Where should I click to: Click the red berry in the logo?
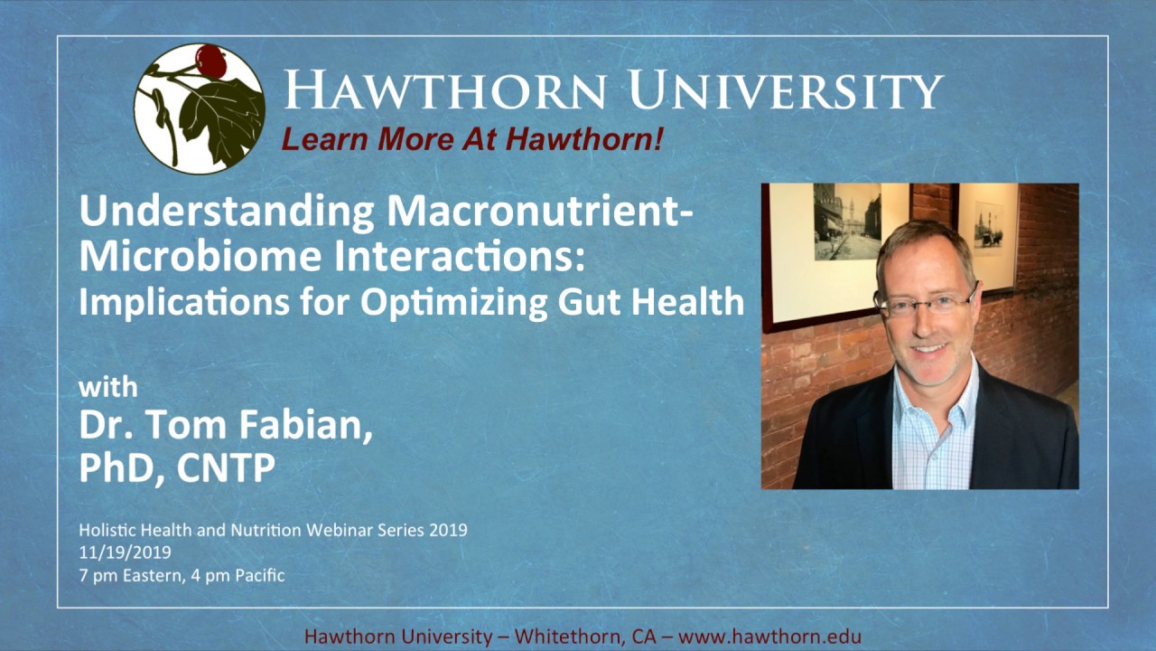coord(211,61)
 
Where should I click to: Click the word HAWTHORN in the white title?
coord(444,90)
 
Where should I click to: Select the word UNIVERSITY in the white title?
coord(786,90)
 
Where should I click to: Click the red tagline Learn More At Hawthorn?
coord(472,138)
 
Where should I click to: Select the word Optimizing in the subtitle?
coord(461,303)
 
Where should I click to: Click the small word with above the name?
coord(108,387)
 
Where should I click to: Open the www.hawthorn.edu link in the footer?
coord(769,636)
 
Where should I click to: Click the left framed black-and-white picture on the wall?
coord(846,222)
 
